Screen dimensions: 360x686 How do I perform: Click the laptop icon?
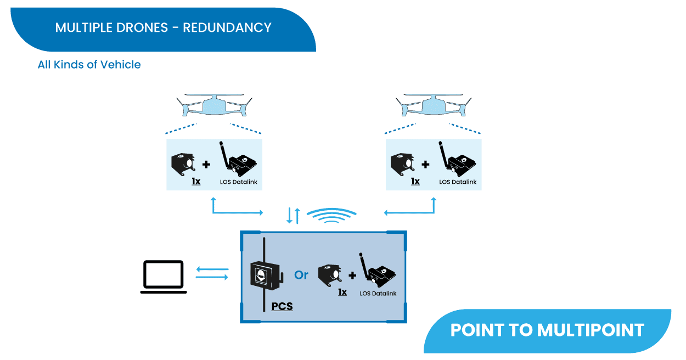[x=164, y=276]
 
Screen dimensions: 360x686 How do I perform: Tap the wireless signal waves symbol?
[x=331, y=216]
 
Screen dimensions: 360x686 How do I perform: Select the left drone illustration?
[x=214, y=105]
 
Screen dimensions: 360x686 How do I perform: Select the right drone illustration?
[x=434, y=105]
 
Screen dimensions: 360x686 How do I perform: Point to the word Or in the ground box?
[x=301, y=275]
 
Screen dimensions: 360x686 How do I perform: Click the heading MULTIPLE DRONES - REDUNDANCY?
[x=163, y=27]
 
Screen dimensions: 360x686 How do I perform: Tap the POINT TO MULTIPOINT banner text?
[x=547, y=330]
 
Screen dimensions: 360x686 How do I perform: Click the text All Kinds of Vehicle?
[x=89, y=65]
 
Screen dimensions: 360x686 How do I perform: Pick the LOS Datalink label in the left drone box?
[x=238, y=182]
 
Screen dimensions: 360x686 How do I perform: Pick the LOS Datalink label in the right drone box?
[x=458, y=182]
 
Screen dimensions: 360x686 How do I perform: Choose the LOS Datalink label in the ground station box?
[x=378, y=294]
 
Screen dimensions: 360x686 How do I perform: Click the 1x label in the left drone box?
[x=196, y=181]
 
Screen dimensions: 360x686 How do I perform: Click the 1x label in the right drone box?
[x=415, y=181]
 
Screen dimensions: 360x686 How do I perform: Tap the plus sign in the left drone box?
[x=206, y=164]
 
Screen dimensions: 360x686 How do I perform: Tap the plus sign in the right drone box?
[x=426, y=164]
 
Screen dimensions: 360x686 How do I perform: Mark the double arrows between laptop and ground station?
[x=212, y=273]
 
